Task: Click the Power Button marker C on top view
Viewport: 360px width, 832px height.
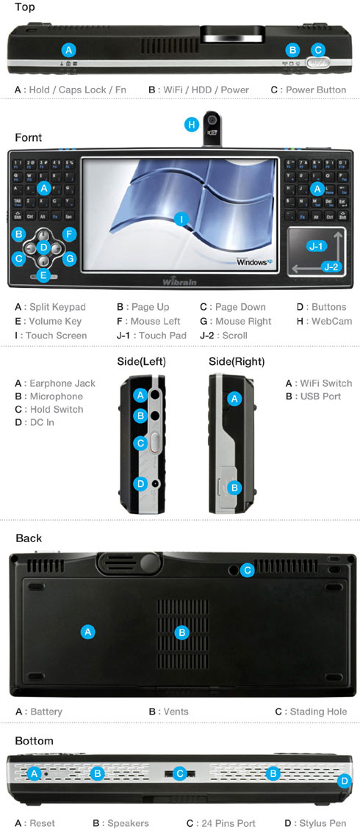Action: click(317, 50)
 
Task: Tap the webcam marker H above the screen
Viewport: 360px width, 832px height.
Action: click(192, 125)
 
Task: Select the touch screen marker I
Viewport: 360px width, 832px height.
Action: click(181, 218)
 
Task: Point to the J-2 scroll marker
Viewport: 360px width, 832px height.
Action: click(331, 269)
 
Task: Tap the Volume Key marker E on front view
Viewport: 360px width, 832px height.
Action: click(43, 275)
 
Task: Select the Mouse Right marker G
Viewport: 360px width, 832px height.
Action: click(69, 258)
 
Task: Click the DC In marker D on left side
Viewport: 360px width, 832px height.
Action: click(140, 483)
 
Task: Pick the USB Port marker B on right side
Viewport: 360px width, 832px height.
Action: click(234, 487)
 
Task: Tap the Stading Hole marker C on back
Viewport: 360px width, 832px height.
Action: click(248, 569)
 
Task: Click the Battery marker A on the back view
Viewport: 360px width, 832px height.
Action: click(87, 631)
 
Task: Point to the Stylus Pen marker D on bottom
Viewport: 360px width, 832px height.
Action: click(345, 780)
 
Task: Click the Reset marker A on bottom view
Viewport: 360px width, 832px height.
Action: click(34, 773)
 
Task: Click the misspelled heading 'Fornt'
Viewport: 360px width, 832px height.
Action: click(28, 137)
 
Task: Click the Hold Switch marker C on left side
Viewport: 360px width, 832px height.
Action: click(140, 443)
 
